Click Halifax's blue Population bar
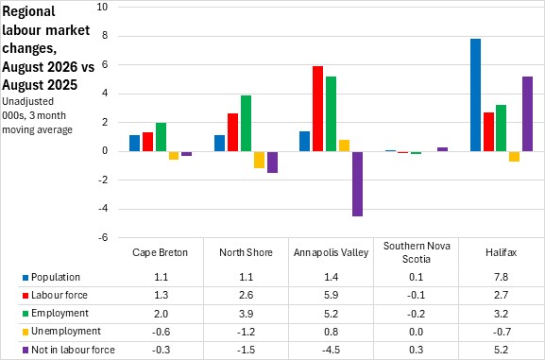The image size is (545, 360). click(475, 94)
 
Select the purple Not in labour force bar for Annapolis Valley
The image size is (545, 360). click(357, 184)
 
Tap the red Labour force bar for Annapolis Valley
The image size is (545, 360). click(317, 109)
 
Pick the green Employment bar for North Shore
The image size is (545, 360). click(246, 123)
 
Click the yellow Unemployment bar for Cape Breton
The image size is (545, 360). click(174, 156)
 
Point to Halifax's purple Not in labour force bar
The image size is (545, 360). click(527, 114)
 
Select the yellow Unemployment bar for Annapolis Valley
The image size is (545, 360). click(344, 146)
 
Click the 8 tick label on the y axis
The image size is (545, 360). click(105, 36)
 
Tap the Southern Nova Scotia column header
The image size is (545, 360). click(417, 252)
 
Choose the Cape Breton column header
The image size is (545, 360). click(160, 252)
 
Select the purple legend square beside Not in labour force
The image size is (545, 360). click(26, 351)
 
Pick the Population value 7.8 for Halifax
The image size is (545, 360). click(501, 277)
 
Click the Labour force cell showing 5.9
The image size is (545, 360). click(331, 295)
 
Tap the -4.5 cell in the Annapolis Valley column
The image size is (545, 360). click(331, 350)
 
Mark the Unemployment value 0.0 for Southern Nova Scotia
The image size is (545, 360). click(416, 332)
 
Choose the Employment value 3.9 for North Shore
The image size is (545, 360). click(246, 314)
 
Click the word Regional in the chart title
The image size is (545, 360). click(28, 12)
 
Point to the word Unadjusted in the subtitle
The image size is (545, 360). click(27, 101)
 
